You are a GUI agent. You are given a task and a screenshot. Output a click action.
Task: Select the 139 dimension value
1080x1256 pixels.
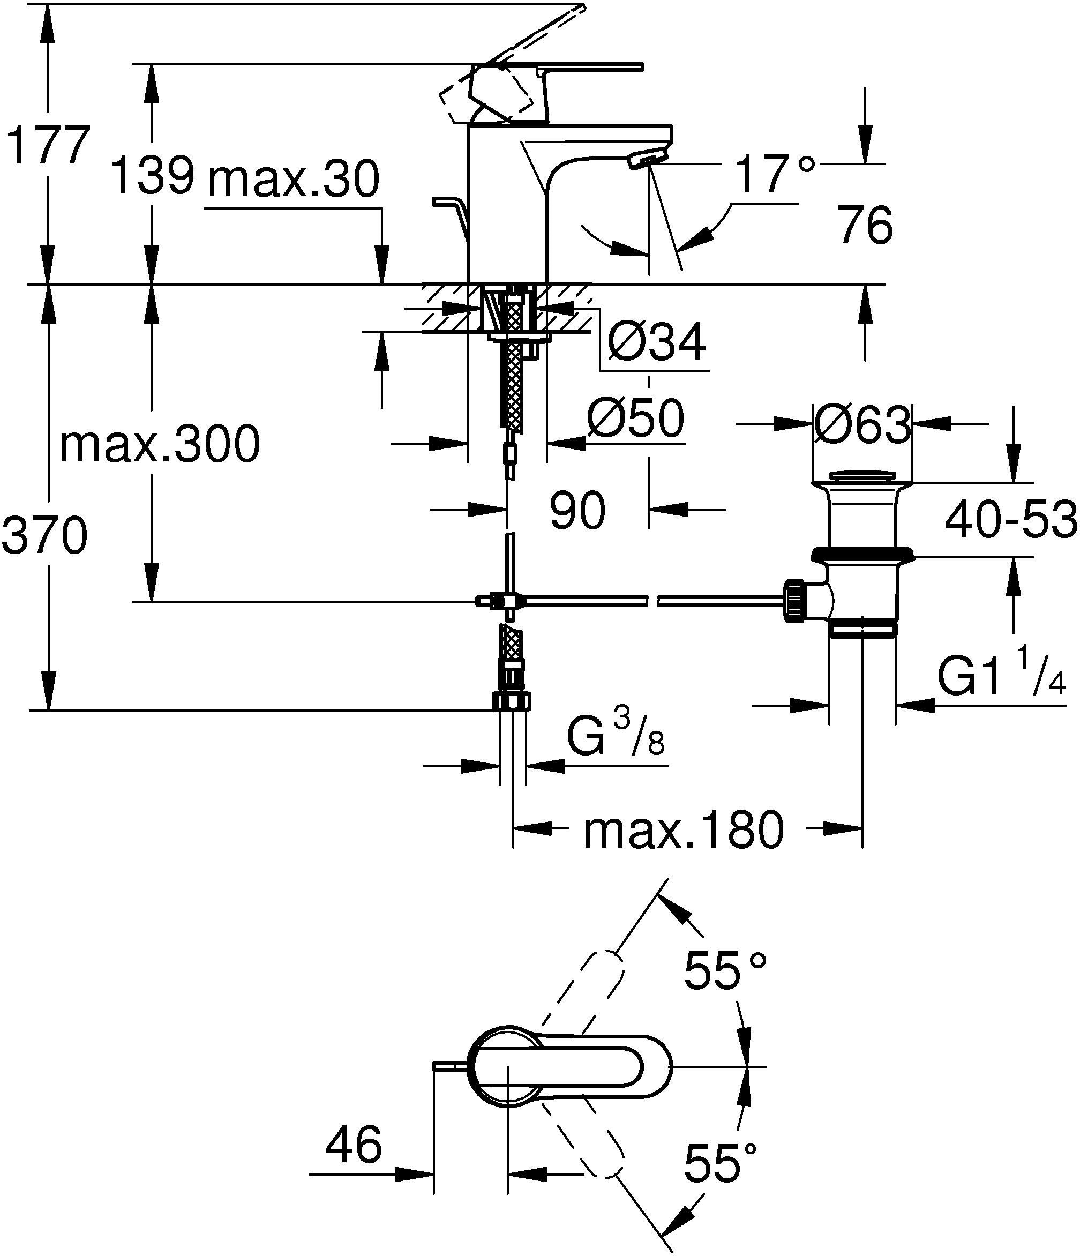pos(154,175)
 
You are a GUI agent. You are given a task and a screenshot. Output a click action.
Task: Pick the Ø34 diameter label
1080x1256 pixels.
pos(656,342)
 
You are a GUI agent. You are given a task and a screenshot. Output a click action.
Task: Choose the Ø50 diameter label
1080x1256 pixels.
pos(636,418)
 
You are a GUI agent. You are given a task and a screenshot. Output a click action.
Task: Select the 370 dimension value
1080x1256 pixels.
pos(45,535)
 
